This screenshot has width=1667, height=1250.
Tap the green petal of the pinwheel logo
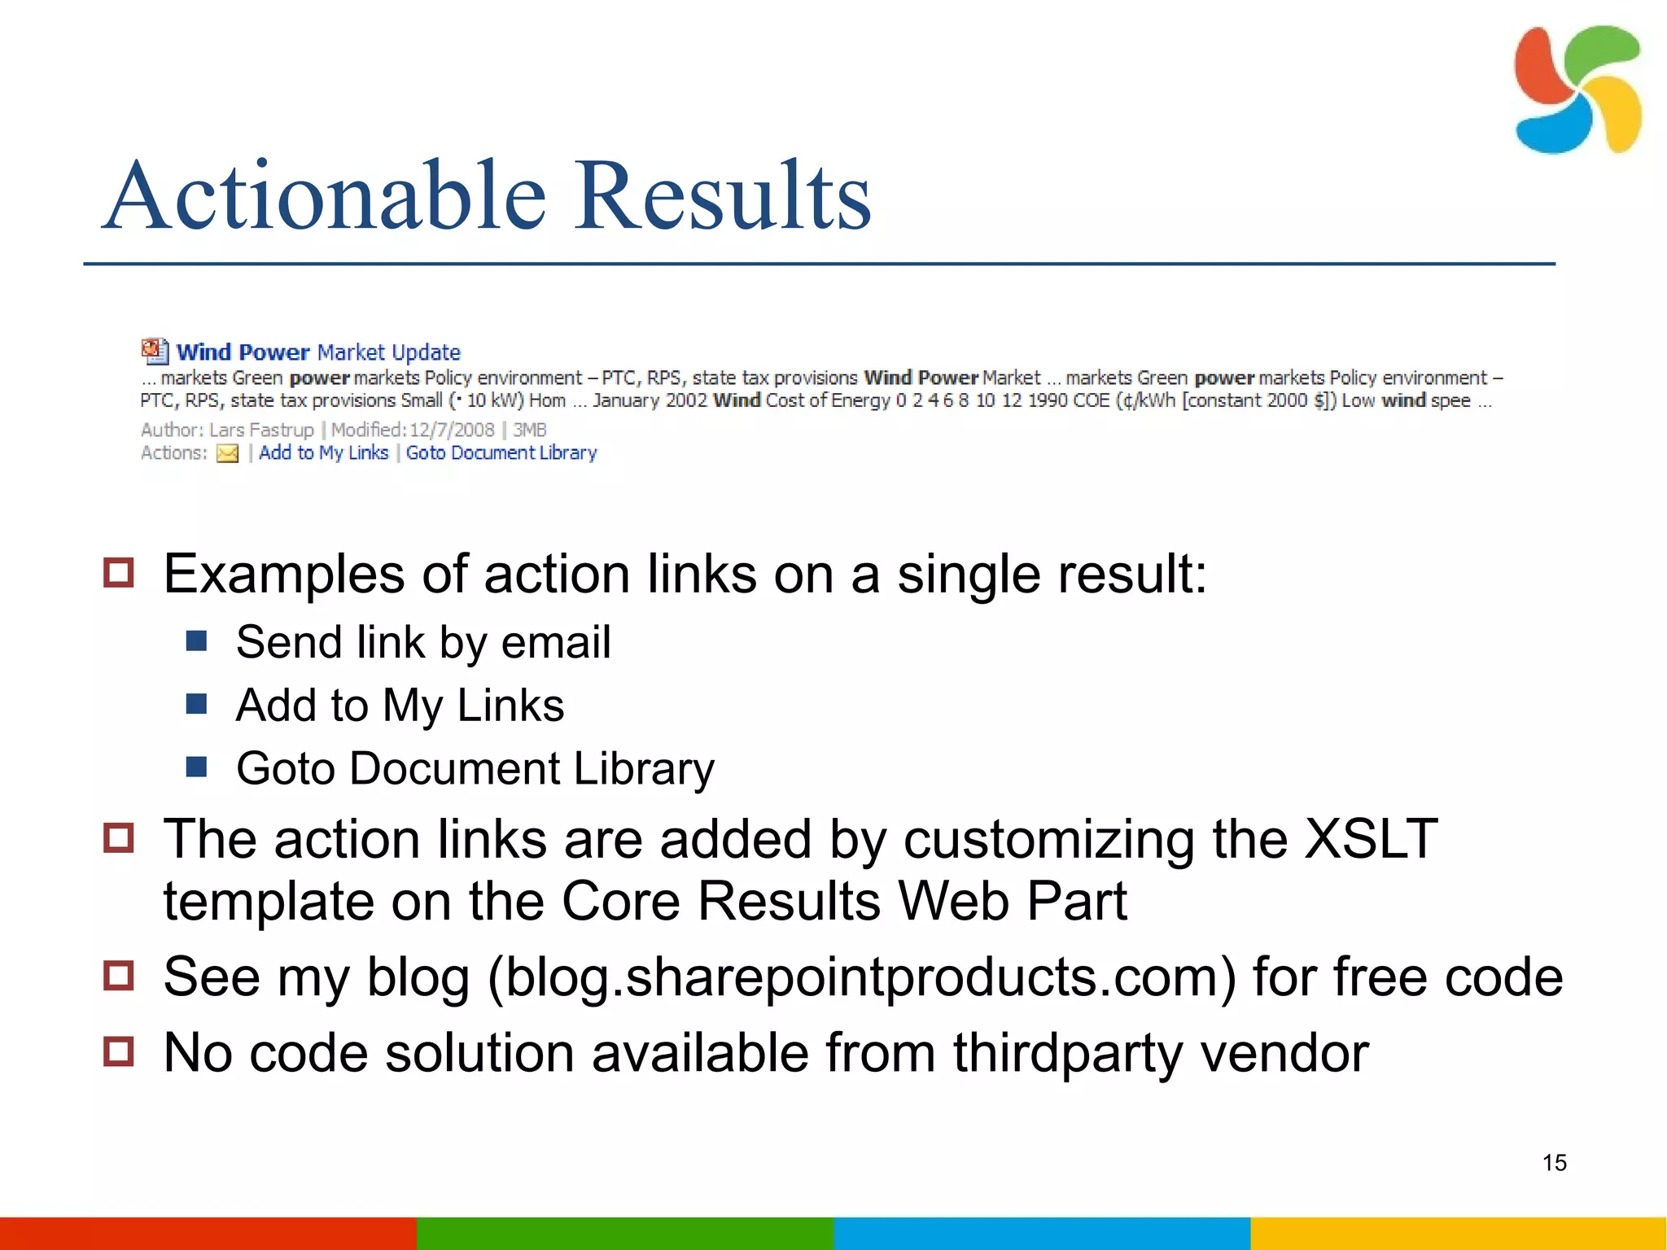tap(1599, 53)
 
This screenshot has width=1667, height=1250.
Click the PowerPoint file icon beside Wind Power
tap(155, 351)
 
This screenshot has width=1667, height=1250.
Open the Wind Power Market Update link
tap(318, 352)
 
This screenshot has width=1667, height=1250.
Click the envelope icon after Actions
tap(227, 453)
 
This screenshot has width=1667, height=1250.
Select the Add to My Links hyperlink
tap(323, 452)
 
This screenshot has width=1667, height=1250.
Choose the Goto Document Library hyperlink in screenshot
tap(501, 452)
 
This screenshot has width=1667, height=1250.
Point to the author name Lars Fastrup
tap(261, 430)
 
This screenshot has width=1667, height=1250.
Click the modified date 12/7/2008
tap(452, 430)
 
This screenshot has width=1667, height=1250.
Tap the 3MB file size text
tap(529, 430)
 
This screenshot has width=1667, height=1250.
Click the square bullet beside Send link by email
tap(196, 641)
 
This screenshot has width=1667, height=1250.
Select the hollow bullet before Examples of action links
tap(119, 572)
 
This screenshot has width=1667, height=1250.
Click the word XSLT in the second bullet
tap(1371, 839)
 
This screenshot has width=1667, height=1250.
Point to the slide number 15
tap(1554, 1162)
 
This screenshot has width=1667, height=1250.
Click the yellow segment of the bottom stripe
tap(1458, 1233)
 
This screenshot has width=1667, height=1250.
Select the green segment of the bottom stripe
tap(624, 1233)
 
